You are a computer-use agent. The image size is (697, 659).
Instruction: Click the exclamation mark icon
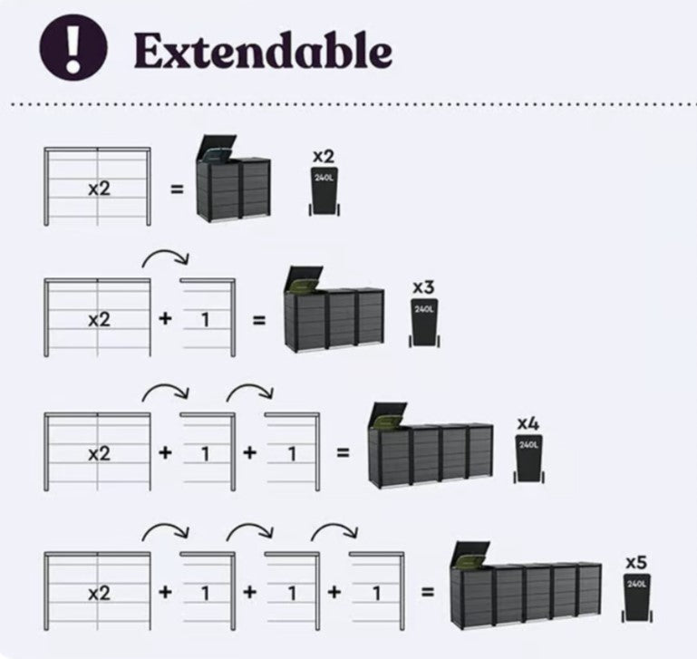tap(73, 47)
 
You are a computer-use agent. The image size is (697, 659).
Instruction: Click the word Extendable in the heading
tap(263, 51)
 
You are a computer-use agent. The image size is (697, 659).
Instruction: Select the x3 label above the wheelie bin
tap(423, 287)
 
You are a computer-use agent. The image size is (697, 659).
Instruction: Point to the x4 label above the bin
tap(528, 423)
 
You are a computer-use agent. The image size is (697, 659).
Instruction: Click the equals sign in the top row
tap(177, 190)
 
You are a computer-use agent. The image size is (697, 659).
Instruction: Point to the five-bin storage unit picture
tap(525, 585)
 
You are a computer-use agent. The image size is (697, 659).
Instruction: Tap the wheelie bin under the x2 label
tap(324, 192)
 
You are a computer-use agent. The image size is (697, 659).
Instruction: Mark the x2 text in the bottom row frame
tap(98, 594)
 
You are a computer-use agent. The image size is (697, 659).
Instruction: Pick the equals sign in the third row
tap(343, 451)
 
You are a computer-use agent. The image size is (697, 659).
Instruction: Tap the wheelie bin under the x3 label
tap(423, 323)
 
